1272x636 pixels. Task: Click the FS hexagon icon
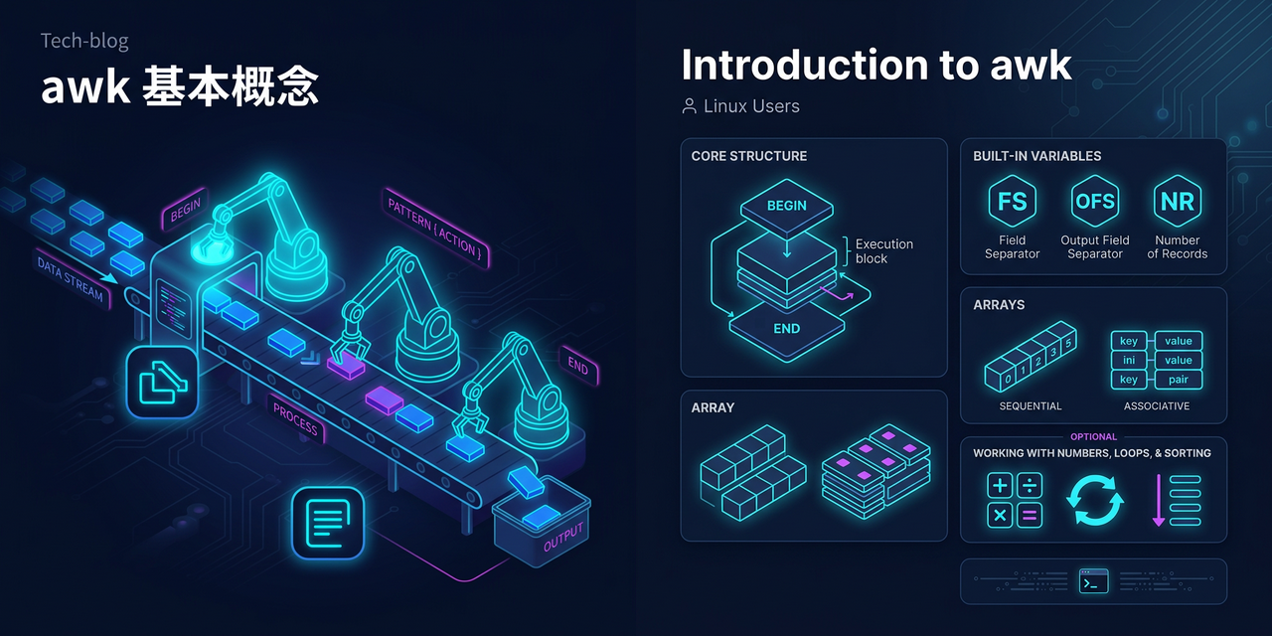click(x=1012, y=202)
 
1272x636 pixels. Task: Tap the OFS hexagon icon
click(x=1094, y=202)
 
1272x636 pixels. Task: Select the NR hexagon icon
click(x=1177, y=202)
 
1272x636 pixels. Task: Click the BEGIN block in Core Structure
click(x=786, y=207)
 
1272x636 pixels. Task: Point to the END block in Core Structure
click(x=786, y=328)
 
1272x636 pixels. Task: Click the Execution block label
click(x=883, y=251)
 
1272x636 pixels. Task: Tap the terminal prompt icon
click(x=1093, y=581)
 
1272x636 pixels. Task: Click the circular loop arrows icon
click(x=1094, y=500)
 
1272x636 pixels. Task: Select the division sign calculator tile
click(x=1030, y=485)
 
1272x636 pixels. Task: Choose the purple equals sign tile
click(x=1030, y=515)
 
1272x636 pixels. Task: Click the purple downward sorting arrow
click(x=1158, y=500)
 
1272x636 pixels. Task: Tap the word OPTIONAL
click(x=1093, y=436)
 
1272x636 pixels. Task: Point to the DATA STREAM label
click(x=71, y=278)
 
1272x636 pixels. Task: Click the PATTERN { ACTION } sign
click(x=434, y=227)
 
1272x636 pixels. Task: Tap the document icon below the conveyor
click(x=327, y=522)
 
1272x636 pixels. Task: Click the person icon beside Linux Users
click(x=689, y=105)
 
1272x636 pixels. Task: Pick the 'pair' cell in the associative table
click(x=1179, y=380)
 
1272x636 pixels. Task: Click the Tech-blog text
click(x=84, y=41)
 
